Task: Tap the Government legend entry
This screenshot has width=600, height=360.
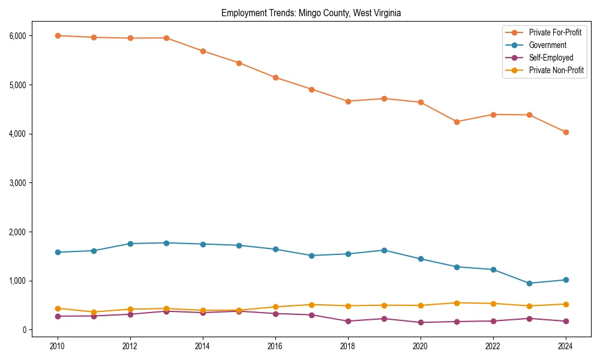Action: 547,45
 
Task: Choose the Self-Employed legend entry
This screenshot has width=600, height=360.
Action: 551,58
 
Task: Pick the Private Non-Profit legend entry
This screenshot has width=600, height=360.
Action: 556,70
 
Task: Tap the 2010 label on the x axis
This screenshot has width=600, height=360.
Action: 58,346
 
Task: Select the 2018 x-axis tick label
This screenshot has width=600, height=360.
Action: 347,346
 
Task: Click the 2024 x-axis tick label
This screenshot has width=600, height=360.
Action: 565,346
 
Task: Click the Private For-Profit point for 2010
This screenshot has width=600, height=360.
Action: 58,35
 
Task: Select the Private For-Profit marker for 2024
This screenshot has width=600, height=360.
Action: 565,132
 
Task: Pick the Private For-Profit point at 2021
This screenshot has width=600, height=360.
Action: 457,122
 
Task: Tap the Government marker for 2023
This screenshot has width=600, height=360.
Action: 529,283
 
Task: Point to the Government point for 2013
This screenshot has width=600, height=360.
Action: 166,243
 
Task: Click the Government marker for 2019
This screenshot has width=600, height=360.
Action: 384,250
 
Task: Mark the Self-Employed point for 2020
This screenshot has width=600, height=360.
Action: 420,322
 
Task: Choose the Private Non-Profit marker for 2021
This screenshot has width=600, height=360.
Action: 457,303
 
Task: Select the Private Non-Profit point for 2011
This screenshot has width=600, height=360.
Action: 94,312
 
